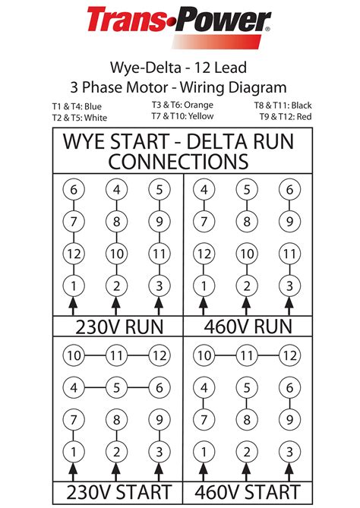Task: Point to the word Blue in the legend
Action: pos(93,106)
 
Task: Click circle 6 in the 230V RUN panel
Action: pos(74,190)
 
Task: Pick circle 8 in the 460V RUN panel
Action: pos(246,222)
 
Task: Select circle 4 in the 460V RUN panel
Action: pos(204,190)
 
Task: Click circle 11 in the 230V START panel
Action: pos(116,355)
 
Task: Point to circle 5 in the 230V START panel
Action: pos(116,387)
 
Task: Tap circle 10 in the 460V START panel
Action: pos(204,355)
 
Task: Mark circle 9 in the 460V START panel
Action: pos(289,420)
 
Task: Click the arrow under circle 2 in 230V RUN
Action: pos(116,305)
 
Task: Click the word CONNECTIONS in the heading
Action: pos(179,161)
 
